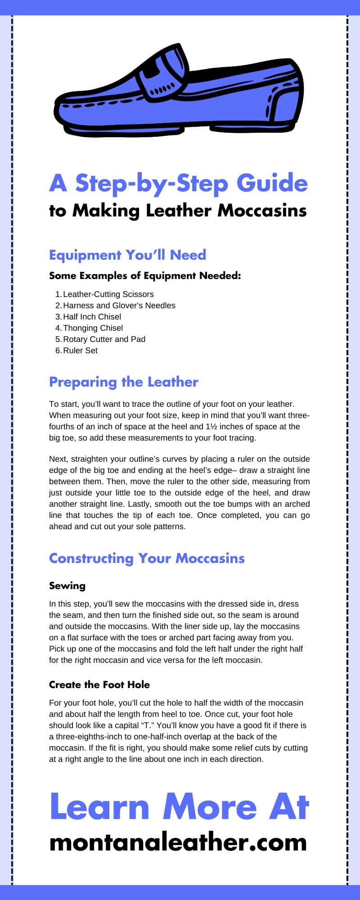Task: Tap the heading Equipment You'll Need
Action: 127,255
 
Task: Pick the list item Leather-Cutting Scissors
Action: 108,294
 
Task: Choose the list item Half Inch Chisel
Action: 92,317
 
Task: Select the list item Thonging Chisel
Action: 93,328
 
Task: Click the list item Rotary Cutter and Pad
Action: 104,339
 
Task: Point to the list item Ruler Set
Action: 80,351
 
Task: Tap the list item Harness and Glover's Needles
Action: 119,306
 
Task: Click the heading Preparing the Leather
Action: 124,382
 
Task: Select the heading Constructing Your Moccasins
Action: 147,558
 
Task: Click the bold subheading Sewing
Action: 67,585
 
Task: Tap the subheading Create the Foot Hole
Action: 99,684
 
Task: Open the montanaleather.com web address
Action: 178,841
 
